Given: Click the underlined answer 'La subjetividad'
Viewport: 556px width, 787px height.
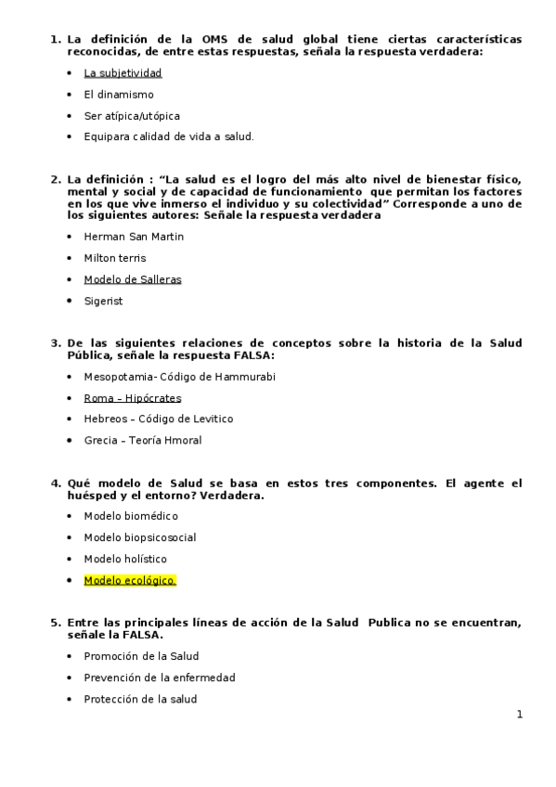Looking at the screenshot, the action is [123, 72].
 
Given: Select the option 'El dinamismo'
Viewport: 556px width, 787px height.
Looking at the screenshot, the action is [119, 94].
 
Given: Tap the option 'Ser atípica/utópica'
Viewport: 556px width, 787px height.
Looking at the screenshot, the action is [132, 115].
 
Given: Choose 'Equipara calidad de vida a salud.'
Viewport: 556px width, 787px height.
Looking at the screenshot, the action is [168, 136].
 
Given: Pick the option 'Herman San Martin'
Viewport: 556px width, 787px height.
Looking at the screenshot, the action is [134, 237].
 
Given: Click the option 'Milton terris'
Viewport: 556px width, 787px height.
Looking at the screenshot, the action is [115, 258].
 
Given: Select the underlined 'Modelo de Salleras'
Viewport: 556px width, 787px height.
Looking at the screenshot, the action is [133, 279].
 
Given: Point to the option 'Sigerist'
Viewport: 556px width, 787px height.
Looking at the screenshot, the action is [103, 301].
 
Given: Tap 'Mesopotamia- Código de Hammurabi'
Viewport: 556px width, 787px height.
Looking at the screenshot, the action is [179, 376].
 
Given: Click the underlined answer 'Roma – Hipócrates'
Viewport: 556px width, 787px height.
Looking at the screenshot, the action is [133, 397].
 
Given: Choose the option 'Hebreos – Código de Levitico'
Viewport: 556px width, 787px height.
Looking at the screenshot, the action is [158, 419].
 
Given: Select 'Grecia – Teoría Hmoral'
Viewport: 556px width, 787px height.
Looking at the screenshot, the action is [142, 440].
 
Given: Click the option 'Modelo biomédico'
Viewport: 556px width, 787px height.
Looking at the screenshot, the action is [131, 516].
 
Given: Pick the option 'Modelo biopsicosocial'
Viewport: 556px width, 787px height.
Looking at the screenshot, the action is [139, 537].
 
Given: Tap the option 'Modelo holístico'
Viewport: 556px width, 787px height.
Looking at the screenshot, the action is [125, 559].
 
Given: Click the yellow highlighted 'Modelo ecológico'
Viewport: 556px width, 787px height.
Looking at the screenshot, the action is [129, 580].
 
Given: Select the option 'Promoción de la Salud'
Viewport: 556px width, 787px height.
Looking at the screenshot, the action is [141, 656].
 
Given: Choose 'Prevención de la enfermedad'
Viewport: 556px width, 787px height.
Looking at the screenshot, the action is [159, 677].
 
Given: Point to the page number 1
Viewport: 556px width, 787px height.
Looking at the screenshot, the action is [520, 714].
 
